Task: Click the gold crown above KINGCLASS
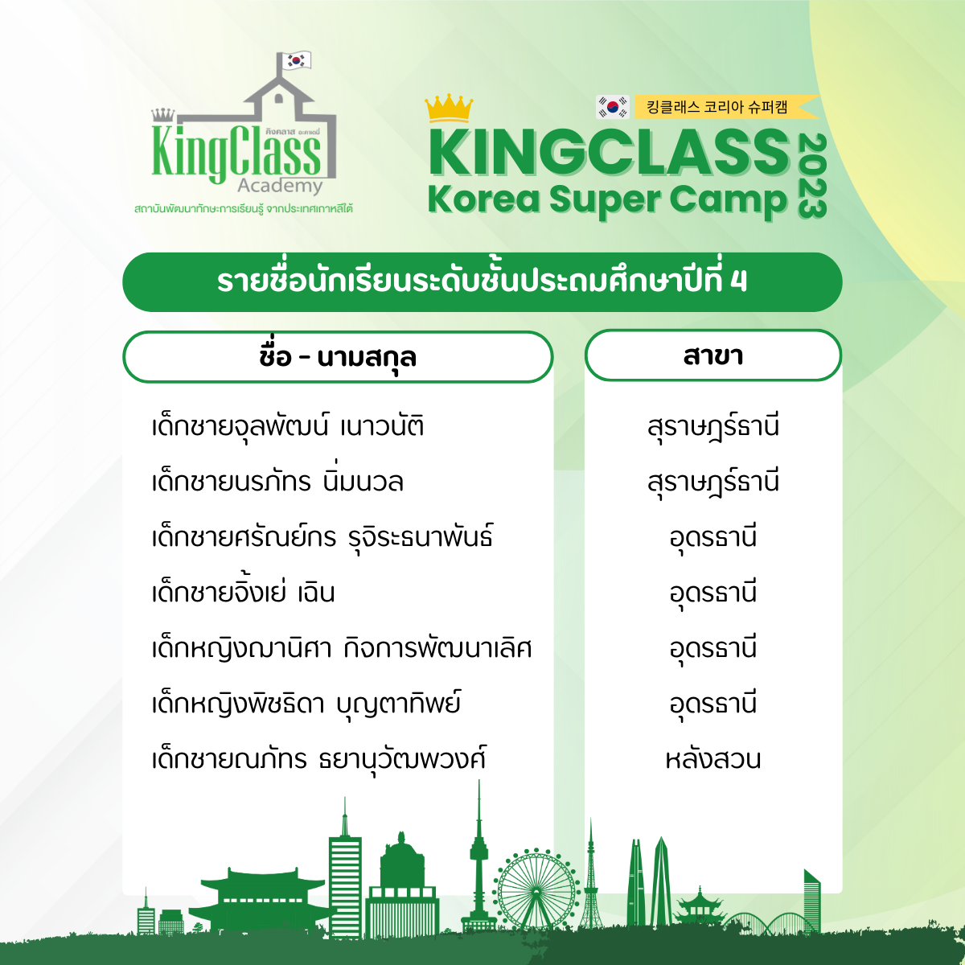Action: (449, 108)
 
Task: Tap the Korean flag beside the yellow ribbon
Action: (613, 107)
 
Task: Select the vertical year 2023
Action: (811, 176)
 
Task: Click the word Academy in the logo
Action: (280, 187)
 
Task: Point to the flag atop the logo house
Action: (297, 60)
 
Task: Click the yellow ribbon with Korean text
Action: (726, 107)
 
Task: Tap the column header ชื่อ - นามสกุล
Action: (338, 357)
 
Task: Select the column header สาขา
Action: (713, 355)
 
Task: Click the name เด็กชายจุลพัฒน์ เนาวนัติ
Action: (288, 427)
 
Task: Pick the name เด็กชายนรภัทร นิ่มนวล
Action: (277, 480)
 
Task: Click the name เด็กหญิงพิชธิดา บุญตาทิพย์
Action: (306, 703)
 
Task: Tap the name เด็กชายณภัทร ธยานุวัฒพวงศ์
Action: (319, 759)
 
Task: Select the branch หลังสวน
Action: (713, 758)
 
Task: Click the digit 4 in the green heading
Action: (739, 282)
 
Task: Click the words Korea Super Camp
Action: (608, 199)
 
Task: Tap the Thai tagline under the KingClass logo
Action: (244, 208)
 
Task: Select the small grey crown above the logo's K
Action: (163, 115)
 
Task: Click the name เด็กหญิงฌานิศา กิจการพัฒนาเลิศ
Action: (342, 648)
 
